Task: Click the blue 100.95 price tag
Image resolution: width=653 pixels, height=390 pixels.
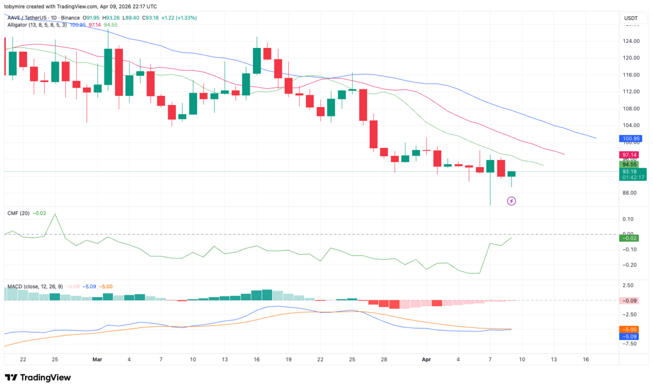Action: (x=632, y=139)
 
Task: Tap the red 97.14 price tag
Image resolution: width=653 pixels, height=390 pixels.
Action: (x=632, y=154)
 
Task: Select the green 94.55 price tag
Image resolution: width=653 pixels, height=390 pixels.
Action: (x=632, y=164)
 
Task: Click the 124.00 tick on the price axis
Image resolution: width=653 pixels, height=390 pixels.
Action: (x=631, y=41)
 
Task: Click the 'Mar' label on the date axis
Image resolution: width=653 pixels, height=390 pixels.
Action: (x=97, y=360)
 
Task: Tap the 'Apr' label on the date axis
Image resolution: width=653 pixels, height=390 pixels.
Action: (x=427, y=360)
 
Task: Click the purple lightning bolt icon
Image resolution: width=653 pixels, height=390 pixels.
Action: (x=511, y=201)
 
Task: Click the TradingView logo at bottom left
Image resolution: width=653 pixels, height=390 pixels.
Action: (x=38, y=377)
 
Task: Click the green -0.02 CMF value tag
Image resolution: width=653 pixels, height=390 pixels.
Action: (x=632, y=238)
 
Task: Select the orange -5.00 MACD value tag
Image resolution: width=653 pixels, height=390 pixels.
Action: (x=632, y=329)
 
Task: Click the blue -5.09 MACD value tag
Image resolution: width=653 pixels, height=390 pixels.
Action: (x=632, y=336)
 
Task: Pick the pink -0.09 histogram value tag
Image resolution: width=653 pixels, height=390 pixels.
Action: (x=632, y=301)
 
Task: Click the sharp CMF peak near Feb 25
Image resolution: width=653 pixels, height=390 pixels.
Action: (x=54, y=214)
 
